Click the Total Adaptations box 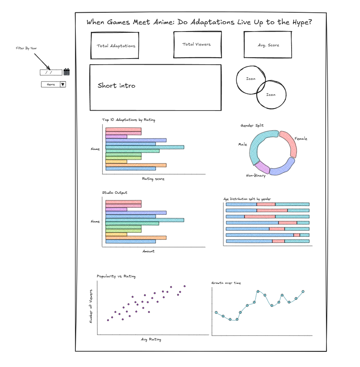pyautogui.click(x=116, y=46)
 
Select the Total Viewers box pyautogui.click(x=197, y=44)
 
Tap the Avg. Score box pyautogui.click(x=268, y=45)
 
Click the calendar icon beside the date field pyautogui.click(x=66, y=72)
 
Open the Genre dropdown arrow pyautogui.click(x=63, y=84)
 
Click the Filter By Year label pyautogui.click(x=26, y=48)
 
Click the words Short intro pyautogui.click(x=116, y=86)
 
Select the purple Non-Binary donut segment pyautogui.click(x=262, y=167)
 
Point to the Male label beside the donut pyautogui.click(x=242, y=145)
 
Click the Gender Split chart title pyautogui.click(x=252, y=125)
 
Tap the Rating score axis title pyautogui.click(x=153, y=179)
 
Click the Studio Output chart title pyautogui.click(x=115, y=193)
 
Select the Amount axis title pyautogui.click(x=148, y=251)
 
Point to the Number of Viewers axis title pyautogui.click(x=91, y=306)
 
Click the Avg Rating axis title pyautogui.click(x=151, y=339)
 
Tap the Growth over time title pyautogui.click(x=226, y=283)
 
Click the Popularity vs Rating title pyautogui.click(x=116, y=276)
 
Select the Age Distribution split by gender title pyautogui.click(x=247, y=199)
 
